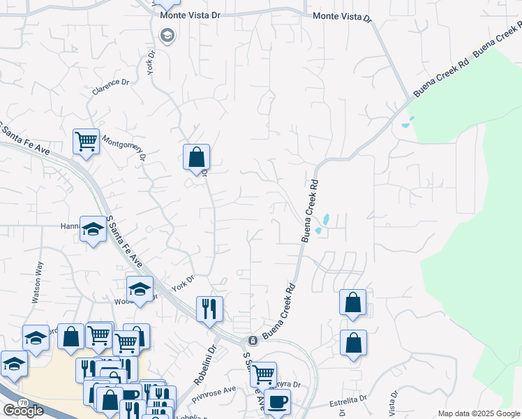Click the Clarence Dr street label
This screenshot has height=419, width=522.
click(112, 87)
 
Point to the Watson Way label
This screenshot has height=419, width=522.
click(37, 281)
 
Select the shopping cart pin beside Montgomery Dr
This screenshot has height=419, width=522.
click(86, 142)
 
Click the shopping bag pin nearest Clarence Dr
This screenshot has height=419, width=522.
click(196, 157)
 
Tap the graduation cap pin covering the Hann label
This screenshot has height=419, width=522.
click(92, 230)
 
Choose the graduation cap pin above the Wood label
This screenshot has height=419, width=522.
click(140, 289)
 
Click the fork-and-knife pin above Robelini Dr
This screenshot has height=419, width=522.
click(209, 308)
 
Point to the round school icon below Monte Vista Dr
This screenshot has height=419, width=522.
click(167, 35)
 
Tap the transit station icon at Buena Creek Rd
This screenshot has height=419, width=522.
click(253, 340)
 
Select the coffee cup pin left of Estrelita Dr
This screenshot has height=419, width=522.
click(277, 402)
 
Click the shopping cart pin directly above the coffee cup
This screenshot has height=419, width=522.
click(263, 374)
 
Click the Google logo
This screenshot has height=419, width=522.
click(23, 411)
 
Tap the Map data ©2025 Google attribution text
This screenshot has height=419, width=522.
click(479, 413)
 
